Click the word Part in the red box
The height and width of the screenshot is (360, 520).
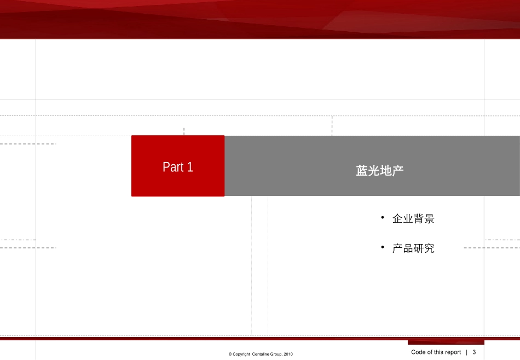click(x=173, y=167)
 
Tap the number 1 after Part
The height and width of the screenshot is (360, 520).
click(x=190, y=167)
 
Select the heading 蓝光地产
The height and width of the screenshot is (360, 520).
click(x=379, y=171)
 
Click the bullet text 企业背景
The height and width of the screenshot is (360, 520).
click(x=413, y=219)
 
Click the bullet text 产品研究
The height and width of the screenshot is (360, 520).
click(x=413, y=248)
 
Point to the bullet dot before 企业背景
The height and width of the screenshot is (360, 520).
click(x=383, y=218)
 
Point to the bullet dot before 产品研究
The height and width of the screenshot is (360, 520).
click(x=383, y=248)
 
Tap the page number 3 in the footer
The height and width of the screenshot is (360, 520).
click(x=474, y=352)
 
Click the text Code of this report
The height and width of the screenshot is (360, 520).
click(x=436, y=352)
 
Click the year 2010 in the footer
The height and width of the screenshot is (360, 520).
click(x=288, y=355)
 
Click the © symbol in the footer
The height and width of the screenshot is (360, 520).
click(x=230, y=355)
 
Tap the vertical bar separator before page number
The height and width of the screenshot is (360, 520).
click(x=467, y=352)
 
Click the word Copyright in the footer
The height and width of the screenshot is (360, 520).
click(x=241, y=355)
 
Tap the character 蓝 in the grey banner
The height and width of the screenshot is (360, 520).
click(x=361, y=171)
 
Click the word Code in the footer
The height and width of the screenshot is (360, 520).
click(x=418, y=352)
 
